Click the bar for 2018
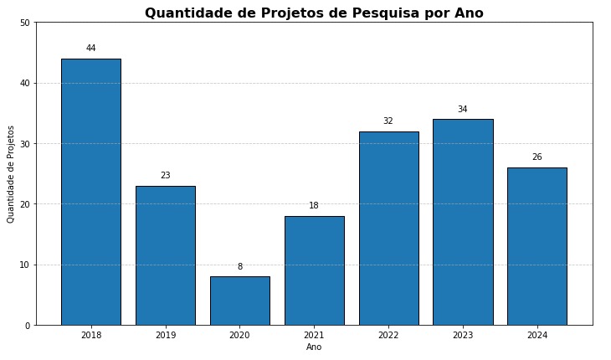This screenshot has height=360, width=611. (x=90, y=192)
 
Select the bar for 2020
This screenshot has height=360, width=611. (x=239, y=301)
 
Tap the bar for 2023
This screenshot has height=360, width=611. (x=463, y=222)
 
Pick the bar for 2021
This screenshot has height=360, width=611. (x=314, y=270)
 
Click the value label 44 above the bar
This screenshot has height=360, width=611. (x=90, y=49)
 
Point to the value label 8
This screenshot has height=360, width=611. (x=239, y=267)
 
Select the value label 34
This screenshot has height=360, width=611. (x=463, y=110)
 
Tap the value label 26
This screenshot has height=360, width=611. (x=537, y=157)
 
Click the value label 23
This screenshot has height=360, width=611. (x=165, y=176)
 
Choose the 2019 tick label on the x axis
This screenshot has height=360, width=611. (x=165, y=336)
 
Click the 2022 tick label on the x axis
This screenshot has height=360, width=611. (x=388, y=336)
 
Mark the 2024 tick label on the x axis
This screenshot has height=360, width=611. (x=537, y=336)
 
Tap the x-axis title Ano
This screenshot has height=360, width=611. (x=314, y=347)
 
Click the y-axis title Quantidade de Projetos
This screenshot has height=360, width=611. (x=11, y=174)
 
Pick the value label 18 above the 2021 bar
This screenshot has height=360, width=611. (x=314, y=206)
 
